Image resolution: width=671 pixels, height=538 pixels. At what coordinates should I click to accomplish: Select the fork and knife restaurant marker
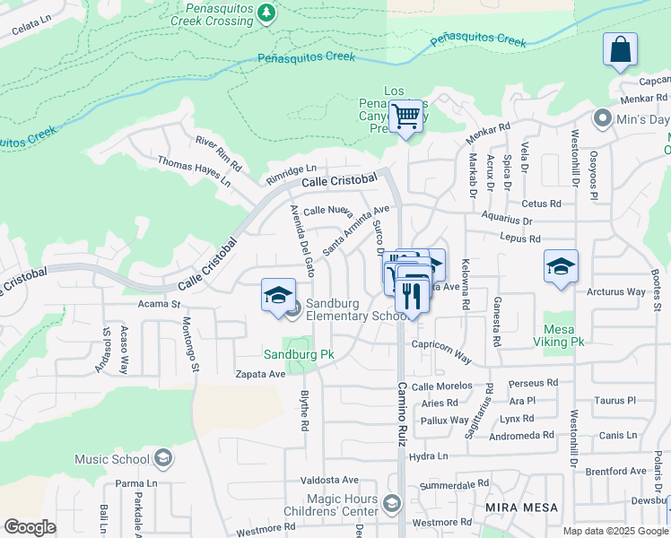pyautogui.click(x=412, y=295)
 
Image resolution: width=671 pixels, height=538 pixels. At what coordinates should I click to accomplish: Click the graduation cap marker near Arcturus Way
pyautogui.click(x=561, y=266)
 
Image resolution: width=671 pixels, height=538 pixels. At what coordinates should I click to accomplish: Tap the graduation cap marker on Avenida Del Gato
pyautogui.click(x=279, y=295)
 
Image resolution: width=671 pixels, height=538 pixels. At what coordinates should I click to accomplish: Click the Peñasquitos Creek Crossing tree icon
pyautogui.click(x=266, y=12)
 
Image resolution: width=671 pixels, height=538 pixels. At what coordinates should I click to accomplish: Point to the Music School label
pyautogui.click(x=111, y=459)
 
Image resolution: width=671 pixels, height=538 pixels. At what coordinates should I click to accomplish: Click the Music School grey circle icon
pyautogui.click(x=162, y=459)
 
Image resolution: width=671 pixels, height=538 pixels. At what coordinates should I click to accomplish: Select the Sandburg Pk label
pyautogui.click(x=298, y=354)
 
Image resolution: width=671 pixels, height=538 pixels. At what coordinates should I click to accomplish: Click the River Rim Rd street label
pyautogui.click(x=219, y=152)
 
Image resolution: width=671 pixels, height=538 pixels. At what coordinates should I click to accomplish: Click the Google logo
pyautogui.click(x=30, y=527)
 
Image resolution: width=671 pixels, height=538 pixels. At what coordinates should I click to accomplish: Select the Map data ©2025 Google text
pyautogui.click(x=615, y=531)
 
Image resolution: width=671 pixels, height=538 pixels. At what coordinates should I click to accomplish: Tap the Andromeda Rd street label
pyautogui.click(x=522, y=436)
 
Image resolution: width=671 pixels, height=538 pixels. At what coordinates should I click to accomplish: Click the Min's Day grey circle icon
pyautogui.click(x=602, y=118)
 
